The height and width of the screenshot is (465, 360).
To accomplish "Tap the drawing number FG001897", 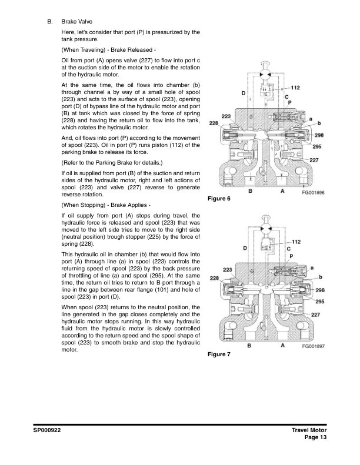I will point(313,347).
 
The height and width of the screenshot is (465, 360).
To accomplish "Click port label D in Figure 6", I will point(243,93).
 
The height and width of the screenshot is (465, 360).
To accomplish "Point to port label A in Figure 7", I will point(282,346).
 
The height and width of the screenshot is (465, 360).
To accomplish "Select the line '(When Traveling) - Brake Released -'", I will point(108,49).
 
